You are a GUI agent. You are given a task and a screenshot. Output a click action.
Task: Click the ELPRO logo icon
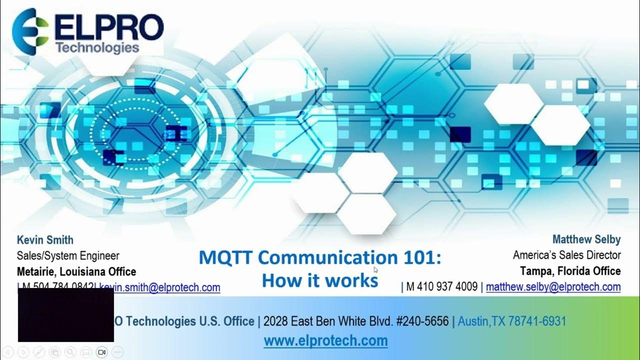pyautogui.click(x=30, y=30)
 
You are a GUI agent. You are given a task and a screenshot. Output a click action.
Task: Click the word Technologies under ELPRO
pyautogui.click(x=97, y=47)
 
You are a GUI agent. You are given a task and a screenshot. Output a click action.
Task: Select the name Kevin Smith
pyautogui.click(x=45, y=240)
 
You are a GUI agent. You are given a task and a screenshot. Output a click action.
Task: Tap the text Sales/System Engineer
pyautogui.click(x=68, y=256)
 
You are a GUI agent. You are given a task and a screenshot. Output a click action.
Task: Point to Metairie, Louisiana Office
pyautogui.click(x=76, y=272)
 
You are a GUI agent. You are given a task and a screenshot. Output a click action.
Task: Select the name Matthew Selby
pyautogui.click(x=586, y=239)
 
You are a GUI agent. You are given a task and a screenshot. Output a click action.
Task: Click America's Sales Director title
pyautogui.click(x=566, y=255)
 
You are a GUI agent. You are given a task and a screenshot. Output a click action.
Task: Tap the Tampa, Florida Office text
pyautogui.click(x=570, y=271)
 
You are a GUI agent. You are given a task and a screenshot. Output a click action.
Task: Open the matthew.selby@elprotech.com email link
pyautogui.click(x=553, y=287)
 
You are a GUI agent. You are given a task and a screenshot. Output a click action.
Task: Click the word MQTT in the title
pyautogui.click(x=225, y=258)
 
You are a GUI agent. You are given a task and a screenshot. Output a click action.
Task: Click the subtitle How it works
pyautogui.click(x=320, y=280)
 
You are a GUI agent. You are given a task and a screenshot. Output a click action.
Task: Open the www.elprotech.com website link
pyautogui.click(x=325, y=341)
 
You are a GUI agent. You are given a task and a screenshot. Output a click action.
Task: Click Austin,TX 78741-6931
pyautogui.click(x=511, y=321)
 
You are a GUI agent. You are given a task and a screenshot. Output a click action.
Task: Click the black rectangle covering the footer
pyautogui.click(x=65, y=315)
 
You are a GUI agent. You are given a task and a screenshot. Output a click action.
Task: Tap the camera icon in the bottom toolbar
pyautogui.click(x=101, y=352)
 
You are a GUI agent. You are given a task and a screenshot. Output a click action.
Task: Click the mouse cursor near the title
pyautogui.click(x=376, y=270)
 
